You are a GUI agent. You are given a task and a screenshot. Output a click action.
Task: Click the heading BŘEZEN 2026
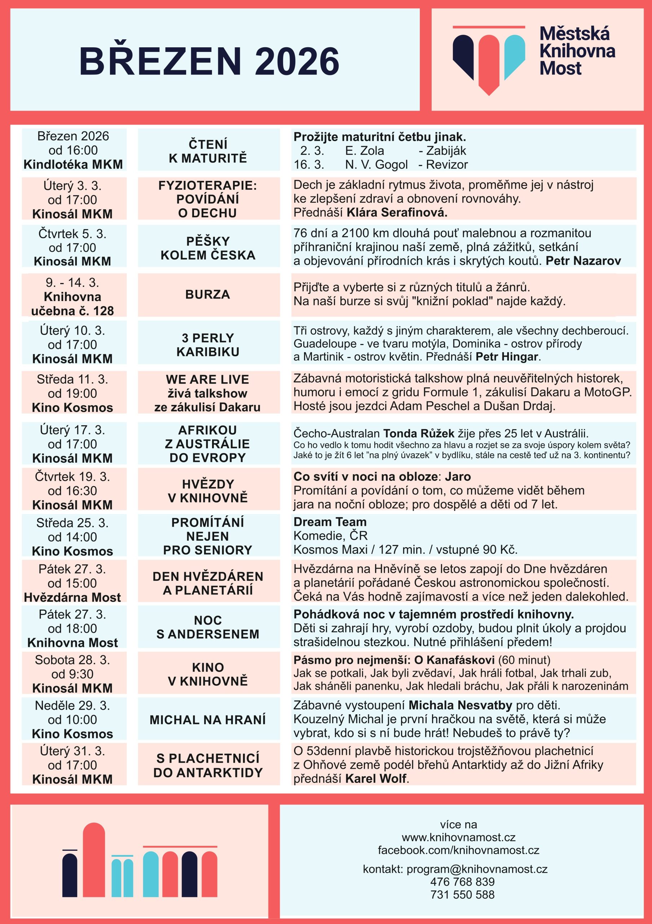point(209,61)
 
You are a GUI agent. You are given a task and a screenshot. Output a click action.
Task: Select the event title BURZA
point(207,295)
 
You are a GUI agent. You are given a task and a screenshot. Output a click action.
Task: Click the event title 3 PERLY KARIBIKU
point(208,345)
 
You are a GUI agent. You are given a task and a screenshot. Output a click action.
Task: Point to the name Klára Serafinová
point(397,213)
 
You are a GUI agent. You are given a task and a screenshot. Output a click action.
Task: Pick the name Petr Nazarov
point(583,261)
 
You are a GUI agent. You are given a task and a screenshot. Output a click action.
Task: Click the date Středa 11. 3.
point(72,379)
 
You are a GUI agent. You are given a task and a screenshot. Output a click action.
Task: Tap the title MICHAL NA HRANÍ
point(208,720)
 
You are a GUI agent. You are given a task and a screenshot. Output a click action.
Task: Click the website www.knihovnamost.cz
point(458,837)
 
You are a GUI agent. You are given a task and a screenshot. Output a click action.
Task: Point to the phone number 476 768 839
point(462,882)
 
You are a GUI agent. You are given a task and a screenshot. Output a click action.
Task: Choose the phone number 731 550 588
point(462,895)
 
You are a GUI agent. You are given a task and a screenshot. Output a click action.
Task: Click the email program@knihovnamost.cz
point(477,869)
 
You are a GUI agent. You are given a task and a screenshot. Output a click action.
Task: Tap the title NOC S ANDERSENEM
point(208,627)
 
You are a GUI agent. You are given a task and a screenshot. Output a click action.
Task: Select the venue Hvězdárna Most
point(72,597)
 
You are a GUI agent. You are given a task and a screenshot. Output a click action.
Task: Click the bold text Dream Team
point(330,522)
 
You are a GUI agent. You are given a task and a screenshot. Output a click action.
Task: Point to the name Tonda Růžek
point(419,433)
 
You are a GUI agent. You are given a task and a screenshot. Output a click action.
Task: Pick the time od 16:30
point(72,491)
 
